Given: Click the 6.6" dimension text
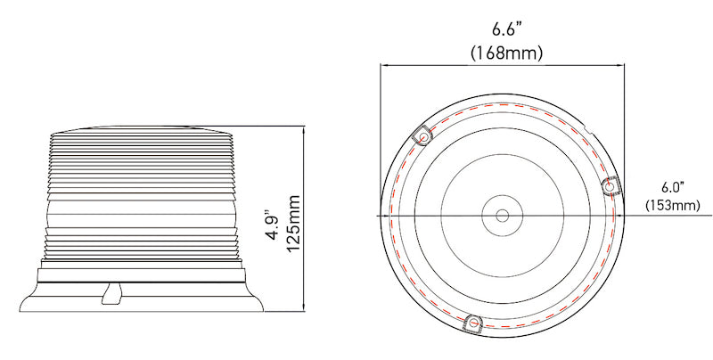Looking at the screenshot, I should [505, 29].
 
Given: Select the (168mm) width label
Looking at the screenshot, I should [506, 53].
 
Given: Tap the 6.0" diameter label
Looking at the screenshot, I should [671, 187].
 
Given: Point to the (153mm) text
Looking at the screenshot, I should [673, 206].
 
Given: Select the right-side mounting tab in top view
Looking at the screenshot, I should [611, 184].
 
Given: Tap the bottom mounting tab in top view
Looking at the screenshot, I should [474, 323].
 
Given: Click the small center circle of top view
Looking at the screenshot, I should [502, 216].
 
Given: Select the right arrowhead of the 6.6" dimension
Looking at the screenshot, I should [623, 64].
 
